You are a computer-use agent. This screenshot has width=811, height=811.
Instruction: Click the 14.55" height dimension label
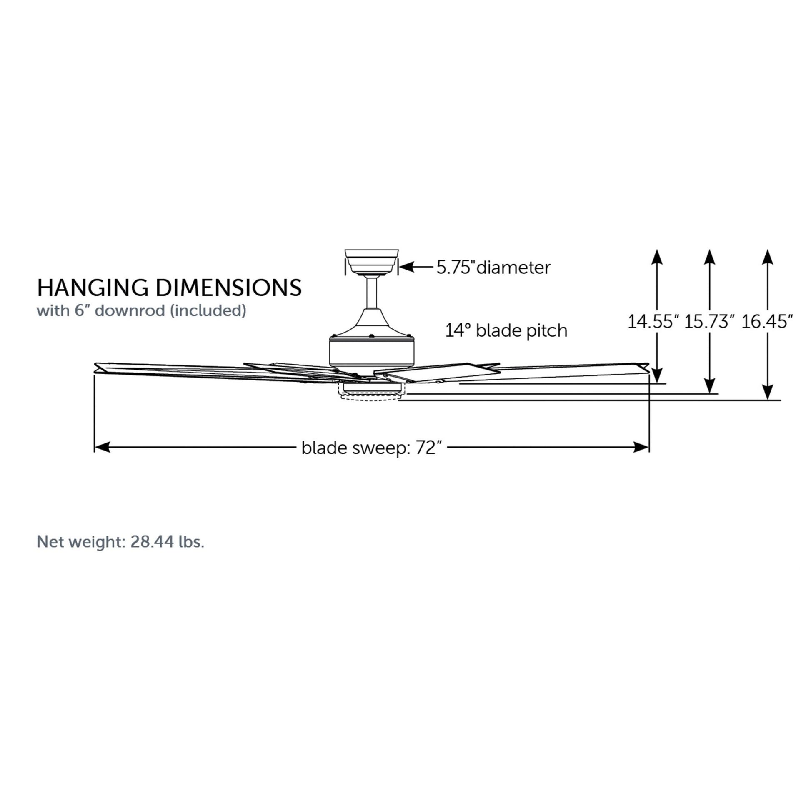pos(653,322)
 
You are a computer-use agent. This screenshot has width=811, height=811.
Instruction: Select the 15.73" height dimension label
pos(710,322)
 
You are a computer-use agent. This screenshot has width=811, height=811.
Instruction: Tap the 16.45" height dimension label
pos(767,322)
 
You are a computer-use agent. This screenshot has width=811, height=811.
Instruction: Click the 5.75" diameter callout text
pos(493,268)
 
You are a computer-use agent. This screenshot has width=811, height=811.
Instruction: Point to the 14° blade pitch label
pos(506,331)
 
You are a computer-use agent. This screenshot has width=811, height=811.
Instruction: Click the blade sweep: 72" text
pos(372,448)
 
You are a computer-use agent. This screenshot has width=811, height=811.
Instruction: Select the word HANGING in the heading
pos(93,288)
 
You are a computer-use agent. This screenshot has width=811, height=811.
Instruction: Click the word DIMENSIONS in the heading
pos(229,288)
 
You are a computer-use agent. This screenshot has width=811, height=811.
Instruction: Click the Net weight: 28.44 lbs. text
pos(120,542)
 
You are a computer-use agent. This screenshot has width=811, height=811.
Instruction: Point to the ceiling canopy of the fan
pos(371,263)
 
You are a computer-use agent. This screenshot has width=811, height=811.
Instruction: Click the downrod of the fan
pos(371,293)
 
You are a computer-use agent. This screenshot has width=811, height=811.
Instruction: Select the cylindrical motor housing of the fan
pos(371,352)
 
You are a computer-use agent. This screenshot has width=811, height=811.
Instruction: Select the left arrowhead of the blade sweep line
pos(103,447)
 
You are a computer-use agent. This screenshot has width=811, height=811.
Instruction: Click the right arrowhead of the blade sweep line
pos(641,447)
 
